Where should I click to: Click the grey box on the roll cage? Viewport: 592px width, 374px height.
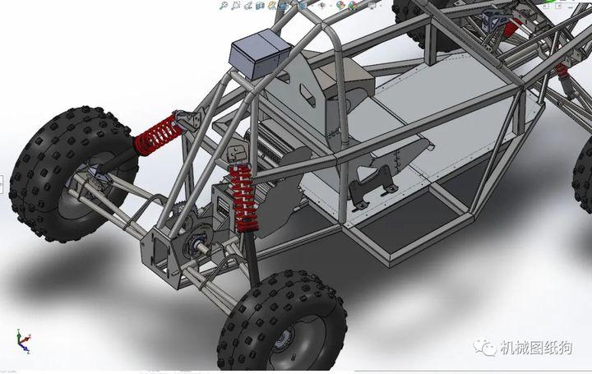click(260, 57)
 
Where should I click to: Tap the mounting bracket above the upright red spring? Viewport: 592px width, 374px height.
click(238, 154)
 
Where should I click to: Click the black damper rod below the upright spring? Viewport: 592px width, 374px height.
click(250, 255)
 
